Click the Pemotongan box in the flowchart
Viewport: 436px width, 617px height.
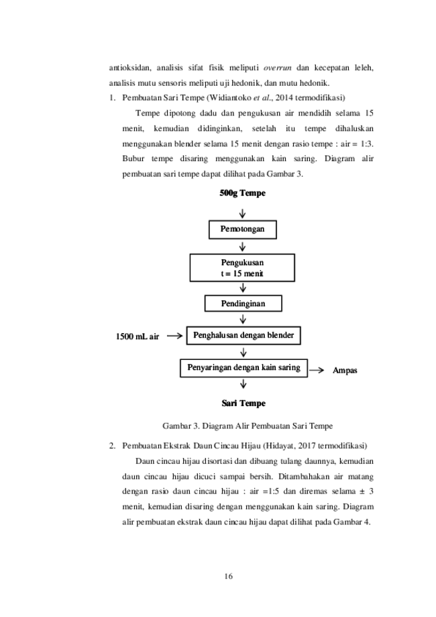pyautogui.click(x=243, y=230)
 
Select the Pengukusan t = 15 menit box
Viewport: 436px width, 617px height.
pyautogui.click(x=242, y=268)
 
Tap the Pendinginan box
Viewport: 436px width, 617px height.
pyautogui.click(x=243, y=303)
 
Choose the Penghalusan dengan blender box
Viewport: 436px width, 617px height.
pyautogui.click(x=243, y=335)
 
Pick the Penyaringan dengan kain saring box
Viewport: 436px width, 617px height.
pyautogui.click(x=243, y=368)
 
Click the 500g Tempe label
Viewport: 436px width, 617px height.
pyautogui.click(x=243, y=193)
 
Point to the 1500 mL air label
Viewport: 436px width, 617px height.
pyautogui.click(x=138, y=336)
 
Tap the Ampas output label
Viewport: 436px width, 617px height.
pyautogui.click(x=345, y=371)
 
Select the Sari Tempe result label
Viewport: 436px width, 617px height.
pyautogui.click(x=243, y=404)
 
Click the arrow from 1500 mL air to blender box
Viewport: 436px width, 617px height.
pyautogui.click(x=174, y=336)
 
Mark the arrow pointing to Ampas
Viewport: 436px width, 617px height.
pyautogui.click(x=316, y=370)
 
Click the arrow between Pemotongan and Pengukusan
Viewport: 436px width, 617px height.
pyautogui.click(x=243, y=246)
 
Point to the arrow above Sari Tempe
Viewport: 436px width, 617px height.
pyautogui.click(x=243, y=383)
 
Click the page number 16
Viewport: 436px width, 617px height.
pyautogui.click(x=229, y=576)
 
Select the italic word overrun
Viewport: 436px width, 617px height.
pyautogui.click(x=277, y=68)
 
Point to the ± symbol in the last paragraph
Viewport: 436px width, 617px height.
pyautogui.click(x=358, y=491)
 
